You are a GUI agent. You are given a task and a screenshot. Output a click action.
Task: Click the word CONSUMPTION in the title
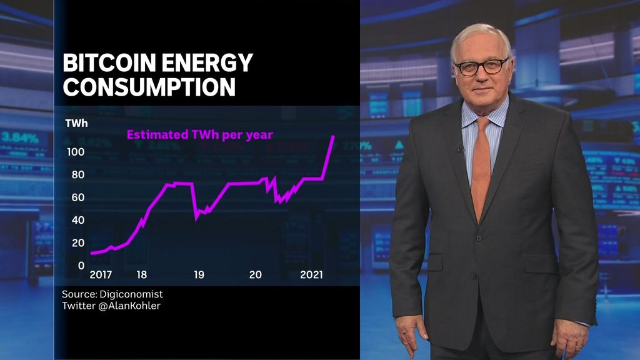click(149, 87)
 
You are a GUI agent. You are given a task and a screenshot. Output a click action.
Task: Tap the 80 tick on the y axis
click(77, 175)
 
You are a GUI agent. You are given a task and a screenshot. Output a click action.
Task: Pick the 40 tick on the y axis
click(77, 220)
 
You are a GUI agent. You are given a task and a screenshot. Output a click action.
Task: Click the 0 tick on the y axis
click(81, 265)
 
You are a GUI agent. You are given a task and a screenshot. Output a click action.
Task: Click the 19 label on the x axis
click(199, 275)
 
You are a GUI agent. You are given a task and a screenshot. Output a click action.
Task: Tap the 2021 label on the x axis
click(311, 275)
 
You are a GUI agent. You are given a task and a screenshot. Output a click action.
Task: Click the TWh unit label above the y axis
click(76, 123)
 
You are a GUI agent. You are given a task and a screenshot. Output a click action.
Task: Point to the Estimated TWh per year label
click(200, 134)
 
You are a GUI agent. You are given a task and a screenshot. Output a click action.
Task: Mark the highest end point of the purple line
click(334, 136)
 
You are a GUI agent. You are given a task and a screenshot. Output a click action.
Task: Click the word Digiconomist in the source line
click(134, 294)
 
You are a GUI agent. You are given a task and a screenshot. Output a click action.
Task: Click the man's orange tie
click(480, 169)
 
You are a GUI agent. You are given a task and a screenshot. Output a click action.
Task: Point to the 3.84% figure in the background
click(20, 137)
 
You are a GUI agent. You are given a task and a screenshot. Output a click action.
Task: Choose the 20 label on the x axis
click(255, 275)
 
